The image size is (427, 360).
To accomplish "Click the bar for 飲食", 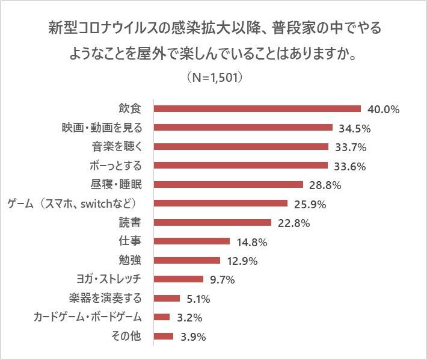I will (257, 109).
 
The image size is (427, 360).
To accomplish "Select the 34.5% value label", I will (354, 128).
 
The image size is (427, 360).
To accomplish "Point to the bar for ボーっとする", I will (241, 166).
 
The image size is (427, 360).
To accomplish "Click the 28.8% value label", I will (325, 185).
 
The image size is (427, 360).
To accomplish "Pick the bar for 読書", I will (213, 222).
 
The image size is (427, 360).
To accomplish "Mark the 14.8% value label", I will (251, 242).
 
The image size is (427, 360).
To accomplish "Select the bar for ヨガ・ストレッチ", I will (179, 279).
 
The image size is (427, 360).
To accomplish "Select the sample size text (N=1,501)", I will (214, 78).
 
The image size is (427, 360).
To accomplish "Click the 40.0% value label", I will (384, 110).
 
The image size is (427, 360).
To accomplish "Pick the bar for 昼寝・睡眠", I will (229, 184).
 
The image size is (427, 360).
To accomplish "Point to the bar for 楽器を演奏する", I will (167, 298).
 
